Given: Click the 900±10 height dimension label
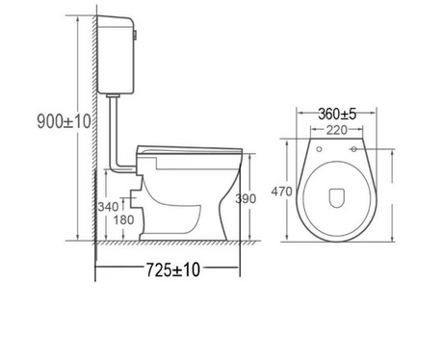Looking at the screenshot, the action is click(x=64, y=121).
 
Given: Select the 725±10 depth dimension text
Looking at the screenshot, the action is click(x=173, y=270).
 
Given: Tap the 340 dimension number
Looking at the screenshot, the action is click(x=108, y=207).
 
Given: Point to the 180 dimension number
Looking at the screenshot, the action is click(x=123, y=220).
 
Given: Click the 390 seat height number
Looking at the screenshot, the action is click(x=246, y=199).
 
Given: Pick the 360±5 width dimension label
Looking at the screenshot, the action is click(x=337, y=114).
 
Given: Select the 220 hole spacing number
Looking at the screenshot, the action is click(x=337, y=130).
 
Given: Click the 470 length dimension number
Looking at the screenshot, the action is click(x=281, y=192).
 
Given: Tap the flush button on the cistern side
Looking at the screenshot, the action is click(x=135, y=36).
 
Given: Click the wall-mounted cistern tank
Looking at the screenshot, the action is click(x=116, y=55).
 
